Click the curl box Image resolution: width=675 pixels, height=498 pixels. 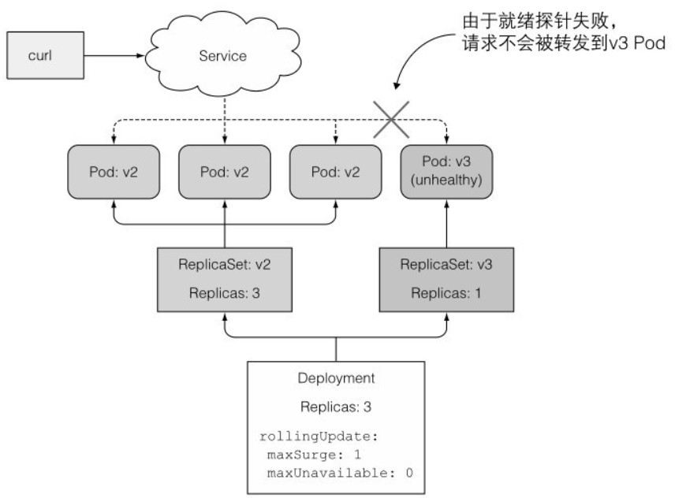pyautogui.click(x=46, y=56)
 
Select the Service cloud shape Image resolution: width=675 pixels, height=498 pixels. pyautogui.click(x=223, y=57)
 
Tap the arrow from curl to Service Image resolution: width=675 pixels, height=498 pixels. pyautogui.click(x=114, y=56)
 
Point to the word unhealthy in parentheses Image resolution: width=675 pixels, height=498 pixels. pyautogui.click(x=448, y=181)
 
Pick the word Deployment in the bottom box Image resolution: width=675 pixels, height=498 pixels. pyautogui.click(x=337, y=379)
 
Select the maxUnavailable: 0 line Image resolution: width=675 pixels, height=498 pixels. pyautogui.click(x=339, y=472)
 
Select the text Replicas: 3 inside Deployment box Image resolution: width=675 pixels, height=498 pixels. pyautogui.click(x=337, y=407)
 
